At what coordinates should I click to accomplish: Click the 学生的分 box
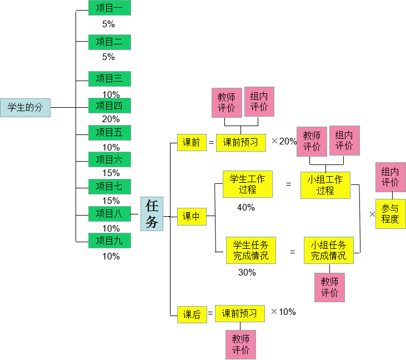[x=25, y=107]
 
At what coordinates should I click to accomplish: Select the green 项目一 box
[x=109, y=8]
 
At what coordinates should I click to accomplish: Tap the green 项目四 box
[x=109, y=106]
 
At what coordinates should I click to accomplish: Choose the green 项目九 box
[x=109, y=241]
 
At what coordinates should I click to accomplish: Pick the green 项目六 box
[x=109, y=159]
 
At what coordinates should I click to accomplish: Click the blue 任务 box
[x=152, y=214]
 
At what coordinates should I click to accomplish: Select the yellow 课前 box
[x=191, y=143]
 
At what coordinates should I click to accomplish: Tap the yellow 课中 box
[x=191, y=216]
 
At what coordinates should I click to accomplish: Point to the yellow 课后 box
[x=191, y=314]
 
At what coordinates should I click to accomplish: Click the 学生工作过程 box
[x=247, y=184]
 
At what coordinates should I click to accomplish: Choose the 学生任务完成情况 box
[x=250, y=250]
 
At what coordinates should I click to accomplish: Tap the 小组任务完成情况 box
[x=328, y=250]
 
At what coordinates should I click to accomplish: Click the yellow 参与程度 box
[x=390, y=214]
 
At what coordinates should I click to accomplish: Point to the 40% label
[x=245, y=207]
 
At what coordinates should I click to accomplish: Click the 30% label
[x=247, y=272]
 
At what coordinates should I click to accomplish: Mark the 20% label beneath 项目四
[x=111, y=119]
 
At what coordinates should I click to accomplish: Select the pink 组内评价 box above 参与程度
[x=390, y=177]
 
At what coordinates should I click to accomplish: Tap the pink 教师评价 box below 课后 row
[x=240, y=344]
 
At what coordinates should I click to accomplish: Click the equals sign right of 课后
[x=210, y=314]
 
